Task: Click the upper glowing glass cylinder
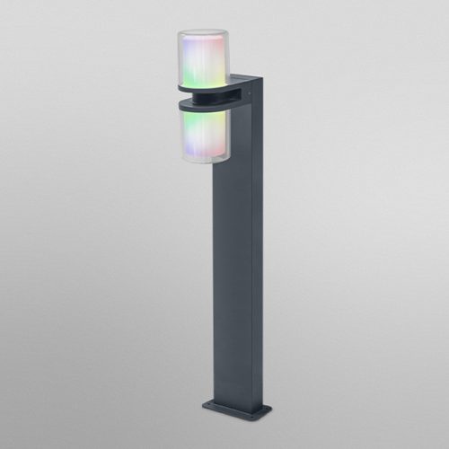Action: (x=203, y=58)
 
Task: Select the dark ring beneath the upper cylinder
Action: (x=208, y=89)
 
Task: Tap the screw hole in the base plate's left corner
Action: (x=210, y=403)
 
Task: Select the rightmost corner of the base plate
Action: (x=270, y=412)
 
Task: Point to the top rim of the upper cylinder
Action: (x=203, y=33)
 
